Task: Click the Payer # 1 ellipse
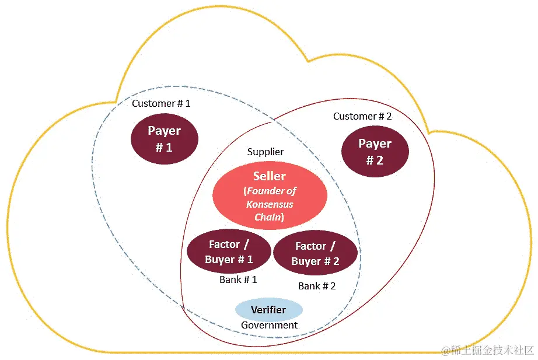pos(165,139)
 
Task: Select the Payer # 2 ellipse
pos(375,151)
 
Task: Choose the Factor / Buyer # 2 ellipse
pos(315,254)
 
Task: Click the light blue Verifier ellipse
pos(268,310)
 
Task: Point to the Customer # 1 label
pos(161,103)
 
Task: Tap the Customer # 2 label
pos(362,116)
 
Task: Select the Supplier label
pos(265,152)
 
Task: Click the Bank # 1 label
pos(238,279)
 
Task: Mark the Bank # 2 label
pos(317,286)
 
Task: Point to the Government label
pos(269,325)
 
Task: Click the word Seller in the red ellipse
pos(270,176)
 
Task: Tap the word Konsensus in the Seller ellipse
pos(270,204)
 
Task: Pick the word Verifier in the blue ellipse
pos(268,309)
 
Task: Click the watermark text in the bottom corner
pos(487,349)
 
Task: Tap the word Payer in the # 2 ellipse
pos(375,144)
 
